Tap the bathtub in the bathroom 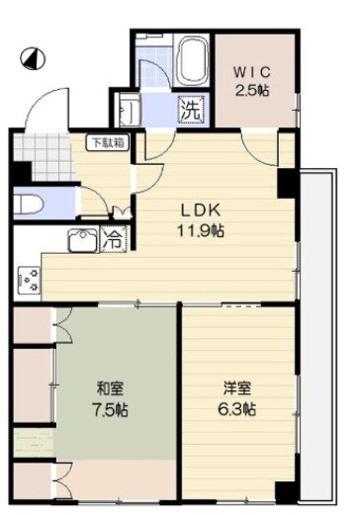coord(191,65)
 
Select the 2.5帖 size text coord(252,90)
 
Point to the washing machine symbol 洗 coord(190,110)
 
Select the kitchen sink coord(81,238)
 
